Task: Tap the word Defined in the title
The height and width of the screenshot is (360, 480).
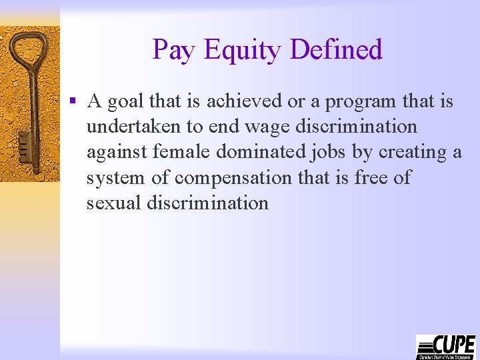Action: pyautogui.click(x=337, y=50)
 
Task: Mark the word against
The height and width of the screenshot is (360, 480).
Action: pyautogui.click(x=117, y=152)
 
